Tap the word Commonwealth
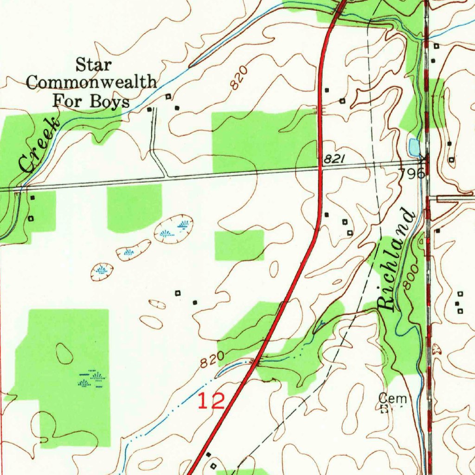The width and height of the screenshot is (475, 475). coord(91,83)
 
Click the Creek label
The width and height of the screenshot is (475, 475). coord(39,145)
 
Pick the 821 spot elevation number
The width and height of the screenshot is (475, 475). coord(334,159)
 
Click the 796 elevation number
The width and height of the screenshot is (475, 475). coord(412,174)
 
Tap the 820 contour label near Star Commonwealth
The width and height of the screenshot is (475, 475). coord(237,78)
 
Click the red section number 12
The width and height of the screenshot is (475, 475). coord(211,401)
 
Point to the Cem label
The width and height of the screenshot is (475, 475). coord(389,398)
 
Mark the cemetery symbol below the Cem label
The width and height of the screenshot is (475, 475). coord(385,409)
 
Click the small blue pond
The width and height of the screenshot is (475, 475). coord(413,147)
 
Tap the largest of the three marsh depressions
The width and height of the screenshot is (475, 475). coord(173,229)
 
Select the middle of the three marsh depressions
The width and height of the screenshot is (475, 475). coord(134,250)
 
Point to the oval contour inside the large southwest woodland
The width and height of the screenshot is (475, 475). coord(64,354)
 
